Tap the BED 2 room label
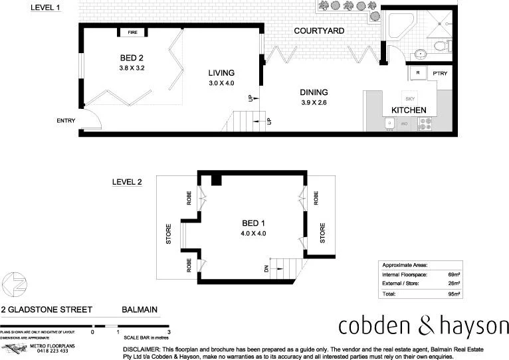point(132,57)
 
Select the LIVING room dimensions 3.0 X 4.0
point(222,84)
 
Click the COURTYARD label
point(319,31)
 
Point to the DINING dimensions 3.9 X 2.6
point(314,103)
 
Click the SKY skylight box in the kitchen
point(409,98)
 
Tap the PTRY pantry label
point(439,73)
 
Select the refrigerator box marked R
point(417,73)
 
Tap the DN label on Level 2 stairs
point(266,269)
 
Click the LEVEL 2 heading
point(127,181)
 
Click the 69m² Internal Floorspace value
point(455,274)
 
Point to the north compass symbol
point(15,284)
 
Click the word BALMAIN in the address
point(139,310)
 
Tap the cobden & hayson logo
point(423,326)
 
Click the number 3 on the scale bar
point(169,331)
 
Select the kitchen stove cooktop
point(425,122)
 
